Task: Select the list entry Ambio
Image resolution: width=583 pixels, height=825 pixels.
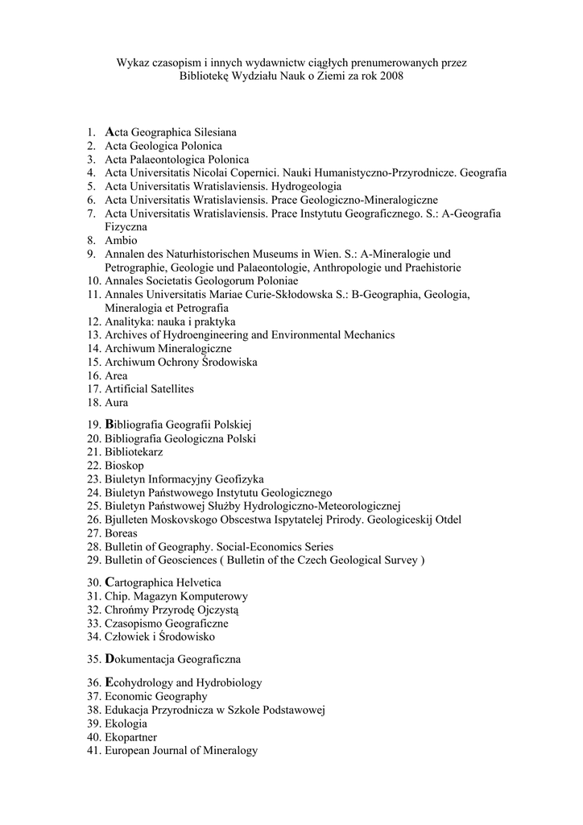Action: (x=121, y=240)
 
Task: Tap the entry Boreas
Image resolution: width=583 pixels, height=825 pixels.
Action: (x=121, y=533)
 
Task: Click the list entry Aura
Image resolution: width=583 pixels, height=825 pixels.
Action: (x=116, y=402)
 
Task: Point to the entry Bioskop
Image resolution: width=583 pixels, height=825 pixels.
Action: (x=124, y=466)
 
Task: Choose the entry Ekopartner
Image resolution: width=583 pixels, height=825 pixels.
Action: (x=130, y=736)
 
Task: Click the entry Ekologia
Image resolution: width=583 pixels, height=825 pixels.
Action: (x=126, y=723)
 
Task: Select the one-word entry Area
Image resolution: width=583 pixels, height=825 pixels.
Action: (x=116, y=375)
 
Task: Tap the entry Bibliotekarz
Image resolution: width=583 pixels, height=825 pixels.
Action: (x=133, y=452)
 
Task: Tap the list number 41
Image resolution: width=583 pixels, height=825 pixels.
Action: (x=93, y=750)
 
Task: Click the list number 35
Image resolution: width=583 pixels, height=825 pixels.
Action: (x=93, y=659)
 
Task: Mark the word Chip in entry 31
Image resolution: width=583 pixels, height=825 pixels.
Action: (x=115, y=595)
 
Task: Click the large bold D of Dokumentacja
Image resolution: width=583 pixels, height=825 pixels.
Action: (x=110, y=658)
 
